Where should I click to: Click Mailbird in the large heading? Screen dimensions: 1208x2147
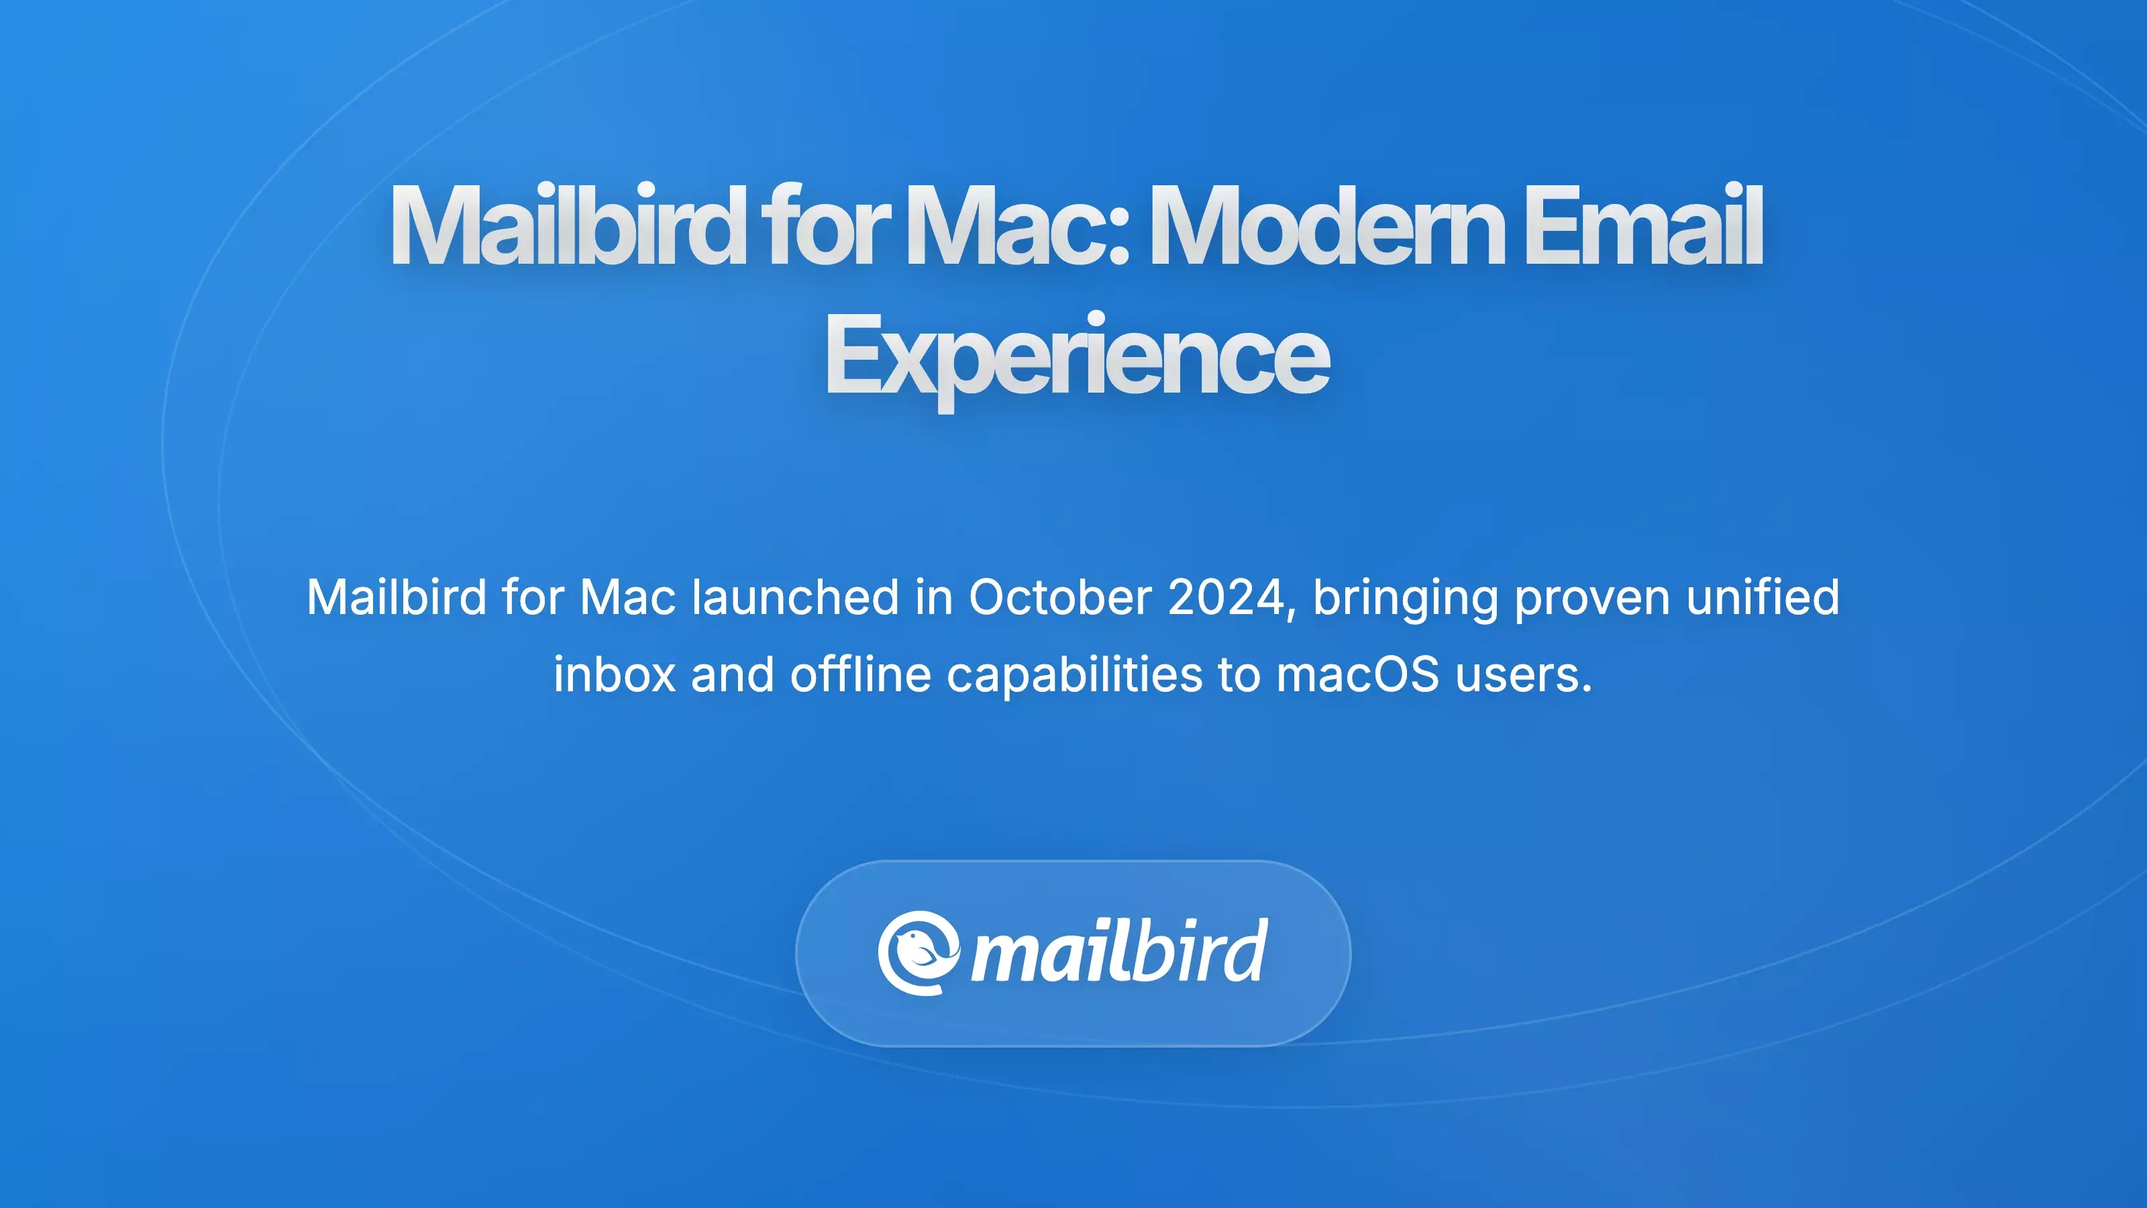coord(567,227)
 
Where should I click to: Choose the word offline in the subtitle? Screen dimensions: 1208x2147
coord(860,674)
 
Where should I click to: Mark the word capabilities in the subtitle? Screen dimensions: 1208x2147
coord(1074,674)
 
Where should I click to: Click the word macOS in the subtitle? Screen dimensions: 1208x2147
coord(1357,674)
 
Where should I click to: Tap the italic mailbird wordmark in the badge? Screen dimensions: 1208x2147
coord(1119,953)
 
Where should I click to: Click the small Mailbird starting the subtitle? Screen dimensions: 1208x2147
coord(396,598)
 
